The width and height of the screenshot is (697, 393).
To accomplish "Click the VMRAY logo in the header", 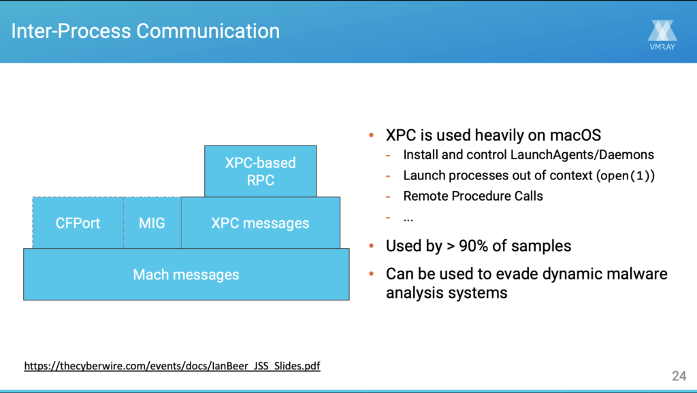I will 662,35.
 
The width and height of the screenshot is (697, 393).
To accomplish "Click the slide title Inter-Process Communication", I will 146,31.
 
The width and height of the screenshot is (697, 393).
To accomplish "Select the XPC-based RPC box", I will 261,171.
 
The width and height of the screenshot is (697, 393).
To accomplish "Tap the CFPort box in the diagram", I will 78,223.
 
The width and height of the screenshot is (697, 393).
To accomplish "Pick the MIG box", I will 152,223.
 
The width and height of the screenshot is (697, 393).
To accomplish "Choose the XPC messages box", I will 260,223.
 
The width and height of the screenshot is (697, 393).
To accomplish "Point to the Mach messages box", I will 186,275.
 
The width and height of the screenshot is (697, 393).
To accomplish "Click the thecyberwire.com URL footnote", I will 172,366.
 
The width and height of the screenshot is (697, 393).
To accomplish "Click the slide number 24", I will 679,376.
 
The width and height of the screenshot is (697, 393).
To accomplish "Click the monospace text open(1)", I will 626,175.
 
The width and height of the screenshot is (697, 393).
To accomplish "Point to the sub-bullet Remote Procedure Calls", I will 473,196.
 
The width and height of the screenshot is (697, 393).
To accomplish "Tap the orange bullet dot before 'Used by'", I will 372,245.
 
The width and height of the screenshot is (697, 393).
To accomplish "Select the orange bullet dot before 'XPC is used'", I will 372,136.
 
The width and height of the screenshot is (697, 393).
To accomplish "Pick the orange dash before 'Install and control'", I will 388,155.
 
